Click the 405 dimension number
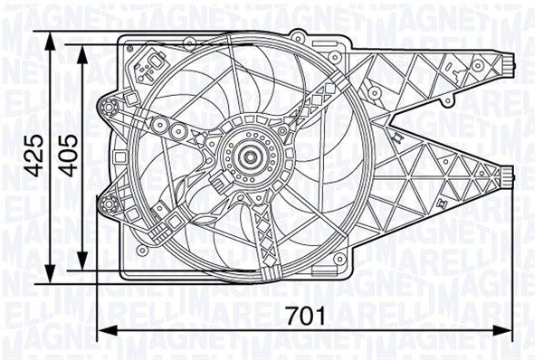(x=67, y=156)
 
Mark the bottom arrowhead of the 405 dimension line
(x=84, y=262)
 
